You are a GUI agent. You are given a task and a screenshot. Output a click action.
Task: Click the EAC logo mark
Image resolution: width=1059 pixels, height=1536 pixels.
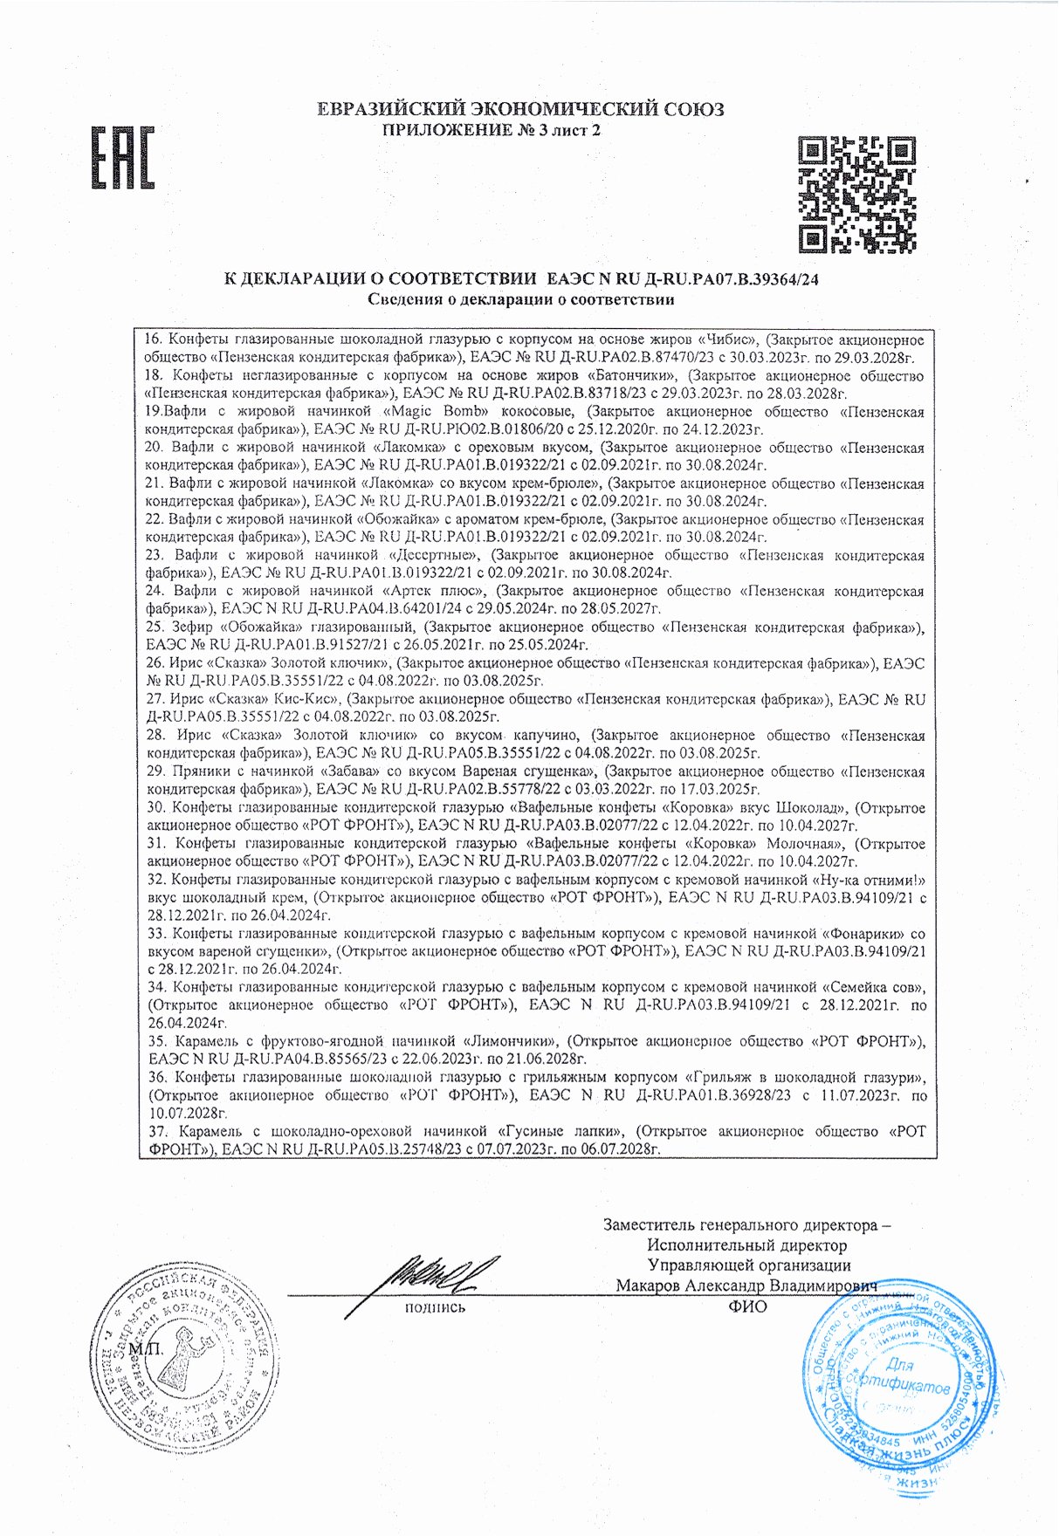tap(123, 158)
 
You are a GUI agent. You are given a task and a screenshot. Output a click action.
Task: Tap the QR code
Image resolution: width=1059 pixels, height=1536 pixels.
tap(857, 194)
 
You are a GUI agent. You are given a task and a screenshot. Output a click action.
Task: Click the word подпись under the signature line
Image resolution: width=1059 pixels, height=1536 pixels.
tap(435, 1307)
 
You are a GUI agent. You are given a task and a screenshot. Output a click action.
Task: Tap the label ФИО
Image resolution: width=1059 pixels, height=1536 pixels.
tap(746, 1306)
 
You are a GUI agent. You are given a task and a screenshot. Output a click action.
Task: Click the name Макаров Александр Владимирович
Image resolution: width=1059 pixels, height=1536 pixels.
tap(746, 1286)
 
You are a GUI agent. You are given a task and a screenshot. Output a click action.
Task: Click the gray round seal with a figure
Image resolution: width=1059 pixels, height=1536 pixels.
tap(185, 1360)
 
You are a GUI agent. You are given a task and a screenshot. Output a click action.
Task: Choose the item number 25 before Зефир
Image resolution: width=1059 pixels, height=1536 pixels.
tap(155, 627)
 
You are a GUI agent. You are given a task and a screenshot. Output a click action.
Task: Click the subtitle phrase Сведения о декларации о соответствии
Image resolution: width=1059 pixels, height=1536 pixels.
tap(520, 300)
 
